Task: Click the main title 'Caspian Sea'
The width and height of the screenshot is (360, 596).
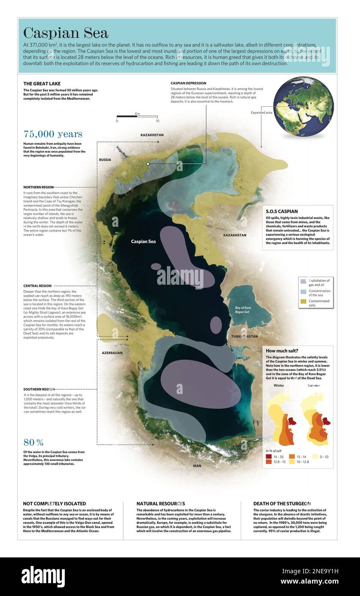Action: tap(66, 33)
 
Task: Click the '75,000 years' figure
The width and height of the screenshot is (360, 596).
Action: tap(53, 134)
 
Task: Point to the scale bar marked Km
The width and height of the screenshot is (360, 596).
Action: tap(137, 116)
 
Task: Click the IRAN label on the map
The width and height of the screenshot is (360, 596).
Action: tap(197, 465)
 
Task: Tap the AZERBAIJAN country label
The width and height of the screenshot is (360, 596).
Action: tap(112, 352)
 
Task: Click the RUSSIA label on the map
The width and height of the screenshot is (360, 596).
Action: tap(105, 160)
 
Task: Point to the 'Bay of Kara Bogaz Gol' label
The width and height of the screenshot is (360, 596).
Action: tap(245, 310)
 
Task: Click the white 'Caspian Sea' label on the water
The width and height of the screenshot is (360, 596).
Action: tap(143, 241)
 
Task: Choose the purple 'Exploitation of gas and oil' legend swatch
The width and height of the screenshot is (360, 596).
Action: tap(303, 282)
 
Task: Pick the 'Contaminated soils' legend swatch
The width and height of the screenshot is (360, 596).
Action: tap(303, 303)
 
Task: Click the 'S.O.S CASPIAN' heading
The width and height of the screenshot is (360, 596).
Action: tap(281, 211)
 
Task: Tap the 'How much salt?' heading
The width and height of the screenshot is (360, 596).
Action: tap(283, 350)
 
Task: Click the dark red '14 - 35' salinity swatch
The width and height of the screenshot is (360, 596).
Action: tap(269, 457)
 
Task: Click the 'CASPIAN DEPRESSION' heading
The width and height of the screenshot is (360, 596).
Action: tap(188, 83)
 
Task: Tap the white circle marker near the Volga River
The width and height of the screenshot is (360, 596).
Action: tap(148, 164)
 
